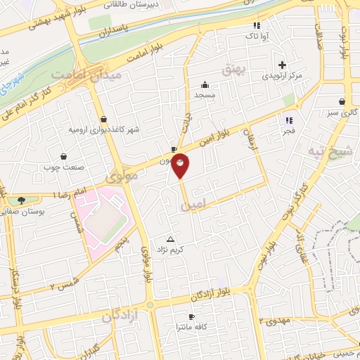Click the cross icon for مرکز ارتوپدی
pos(281,64)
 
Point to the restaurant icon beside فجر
pos(288,120)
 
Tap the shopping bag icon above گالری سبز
pos(342,101)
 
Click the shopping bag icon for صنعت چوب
pos(64,156)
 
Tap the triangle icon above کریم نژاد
pos(169,239)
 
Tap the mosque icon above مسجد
pos(205,84)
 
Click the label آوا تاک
pos(252,34)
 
